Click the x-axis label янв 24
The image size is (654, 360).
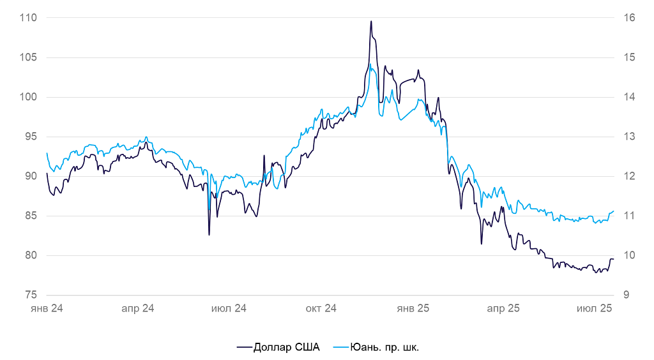pyautogui.click(x=47, y=308)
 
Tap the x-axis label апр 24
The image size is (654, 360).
pyautogui.click(x=137, y=308)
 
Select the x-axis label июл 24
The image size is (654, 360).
pyautogui.click(x=228, y=308)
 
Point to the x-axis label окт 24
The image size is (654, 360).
pyautogui.click(x=320, y=308)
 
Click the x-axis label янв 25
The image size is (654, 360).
pyautogui.click(x=413, y=308)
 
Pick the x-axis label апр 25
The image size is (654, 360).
pyautogui.click(x=503, y=308)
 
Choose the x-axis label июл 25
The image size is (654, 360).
pyautogui.click(x=595, y=308)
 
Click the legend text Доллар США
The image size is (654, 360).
pyautogui.click(x=287, y=347)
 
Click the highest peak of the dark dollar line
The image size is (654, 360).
pyautogui.click(x=370, y=21)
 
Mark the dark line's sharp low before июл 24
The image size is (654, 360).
pyautogui.click(x=209, y=235)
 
